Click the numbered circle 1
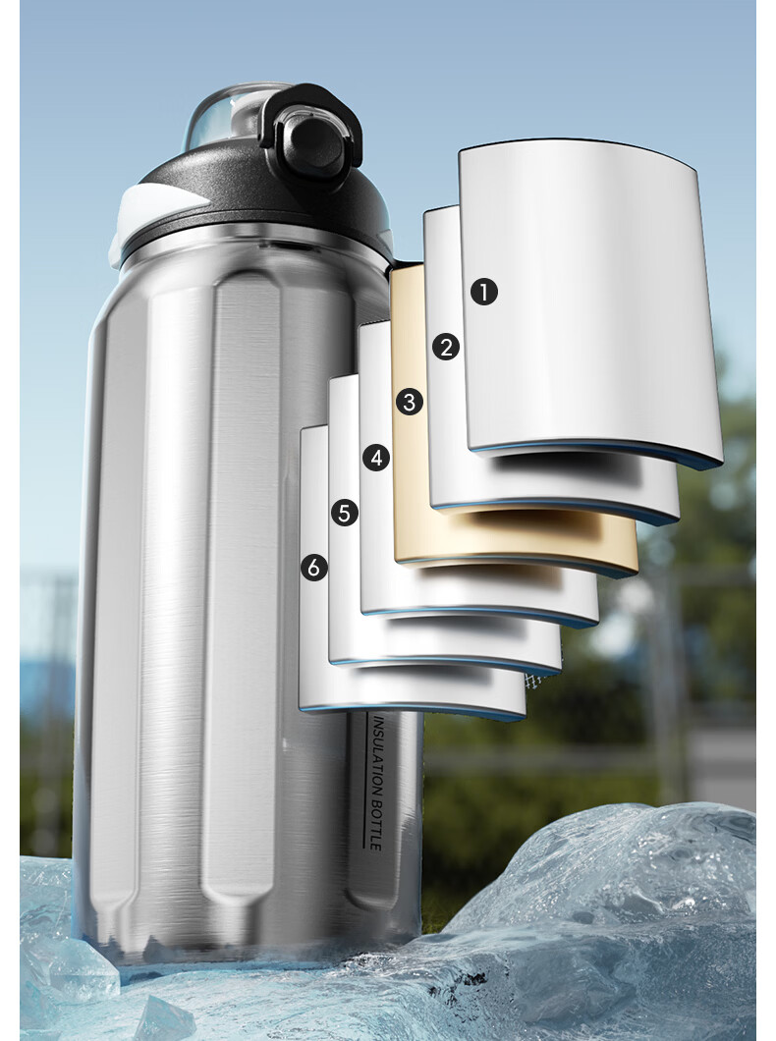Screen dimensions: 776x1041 coord(484,292)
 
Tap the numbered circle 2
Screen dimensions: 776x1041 coord(445,348)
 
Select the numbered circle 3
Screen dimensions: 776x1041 coord(409,402)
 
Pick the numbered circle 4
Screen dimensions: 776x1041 coord(375,458)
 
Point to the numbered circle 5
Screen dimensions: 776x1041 coord(344,513)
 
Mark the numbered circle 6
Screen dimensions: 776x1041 coord(313,568)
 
